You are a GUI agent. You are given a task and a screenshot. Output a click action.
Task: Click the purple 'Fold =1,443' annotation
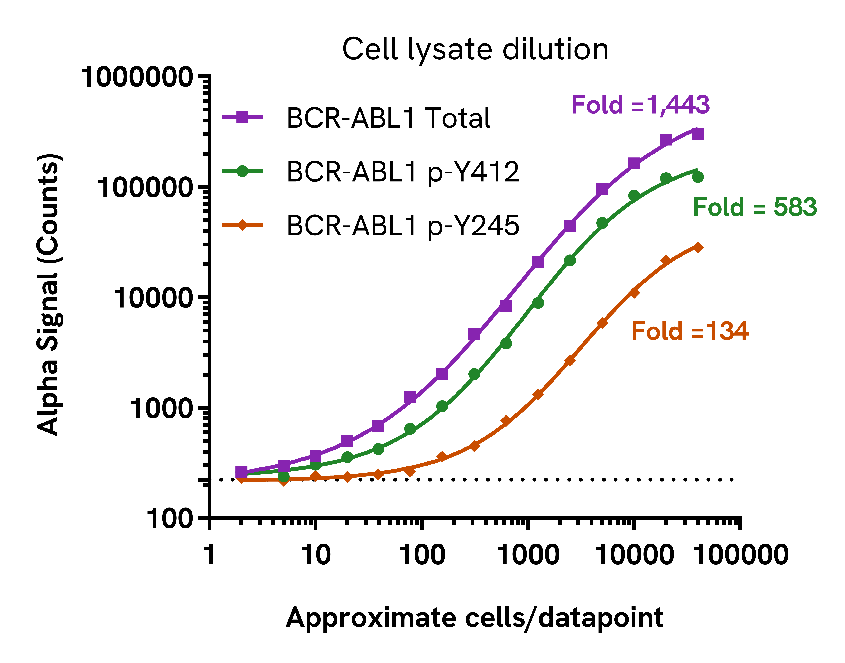click(x=640, y=105)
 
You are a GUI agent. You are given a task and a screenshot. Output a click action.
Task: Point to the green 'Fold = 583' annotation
click(x=754, y=207)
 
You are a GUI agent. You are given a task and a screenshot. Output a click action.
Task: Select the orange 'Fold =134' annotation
click(x=690, y=331)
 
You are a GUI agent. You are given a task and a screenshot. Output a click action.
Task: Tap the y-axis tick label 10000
click(x=153, y=298)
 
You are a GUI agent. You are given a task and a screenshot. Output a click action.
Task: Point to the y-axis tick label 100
click(x=170, y=519)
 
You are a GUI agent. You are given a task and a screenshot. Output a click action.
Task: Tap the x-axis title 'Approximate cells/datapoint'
click(x=475, y=618)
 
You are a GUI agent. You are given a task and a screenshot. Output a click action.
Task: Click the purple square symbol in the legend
click(x=242, y=117)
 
